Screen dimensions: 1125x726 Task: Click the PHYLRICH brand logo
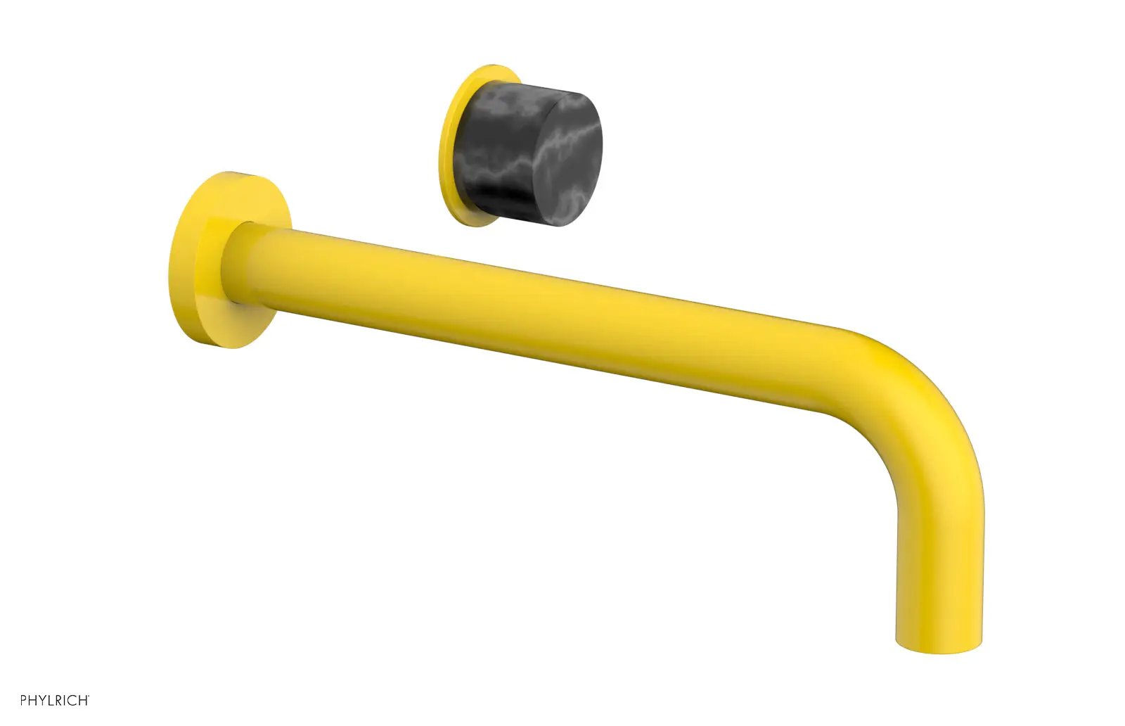(55, 701)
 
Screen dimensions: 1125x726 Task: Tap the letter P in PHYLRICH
(24, 701)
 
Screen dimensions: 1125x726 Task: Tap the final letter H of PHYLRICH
(84, 701)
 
